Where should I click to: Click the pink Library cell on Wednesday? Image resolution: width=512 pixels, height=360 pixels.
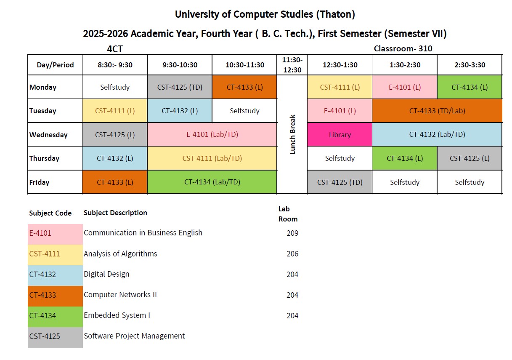click(x=340, y=135)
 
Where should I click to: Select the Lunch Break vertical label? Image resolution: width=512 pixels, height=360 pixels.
click(x=292, y=134)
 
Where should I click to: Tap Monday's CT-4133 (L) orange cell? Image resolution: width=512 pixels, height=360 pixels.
click(x=244, y=87)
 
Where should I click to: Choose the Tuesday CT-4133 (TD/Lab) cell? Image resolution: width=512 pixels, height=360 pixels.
click(x=437, y=111)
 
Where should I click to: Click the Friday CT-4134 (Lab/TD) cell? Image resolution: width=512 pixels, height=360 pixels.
click(x=212, y=182)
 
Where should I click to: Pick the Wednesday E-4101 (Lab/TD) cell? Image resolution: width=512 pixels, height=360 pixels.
click(x=212, y=135)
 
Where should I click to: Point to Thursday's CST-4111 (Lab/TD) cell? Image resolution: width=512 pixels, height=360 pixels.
click(x=212, y=158)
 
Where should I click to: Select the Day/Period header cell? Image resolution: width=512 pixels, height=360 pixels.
click(x=55, y=65)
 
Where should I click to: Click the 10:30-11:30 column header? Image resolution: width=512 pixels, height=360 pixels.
click(x=244, y=65)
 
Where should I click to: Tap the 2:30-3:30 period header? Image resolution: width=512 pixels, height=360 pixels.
click(x=470, y=65)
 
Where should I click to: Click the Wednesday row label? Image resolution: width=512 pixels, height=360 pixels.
click(x=48, y=135)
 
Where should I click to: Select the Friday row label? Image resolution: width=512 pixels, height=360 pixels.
click(x=40, y=182)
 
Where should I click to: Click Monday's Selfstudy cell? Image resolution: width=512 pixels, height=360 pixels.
click(x=115, y=87)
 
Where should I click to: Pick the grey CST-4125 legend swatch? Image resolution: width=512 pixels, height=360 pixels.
click(x=55, y=337)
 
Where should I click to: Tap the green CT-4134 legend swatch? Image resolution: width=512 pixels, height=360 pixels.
click(x=55, y=316)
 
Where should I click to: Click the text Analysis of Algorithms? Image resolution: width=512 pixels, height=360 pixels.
click(x=120, y=253)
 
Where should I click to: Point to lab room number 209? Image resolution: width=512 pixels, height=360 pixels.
click(x=292, y=233)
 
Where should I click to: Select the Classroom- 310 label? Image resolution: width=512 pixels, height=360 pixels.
click(x=403, y=48)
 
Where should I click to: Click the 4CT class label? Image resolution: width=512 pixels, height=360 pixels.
click(x=115, y=49)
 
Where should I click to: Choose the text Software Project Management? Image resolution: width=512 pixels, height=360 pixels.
click(x=134, y=336)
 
